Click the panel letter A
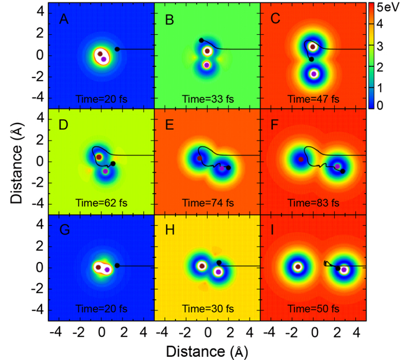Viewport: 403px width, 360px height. pyautogui.click(x=63, y=20)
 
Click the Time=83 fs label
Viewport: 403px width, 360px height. pyautogui.click(x=314, y=204)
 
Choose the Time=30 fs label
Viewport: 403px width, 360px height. pyautogui.click(x=208, y=309)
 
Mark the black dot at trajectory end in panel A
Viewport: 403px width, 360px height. pyautogui.click(x=117, y=49)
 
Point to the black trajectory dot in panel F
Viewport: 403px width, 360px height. pyautogui.click(x=343, y=171)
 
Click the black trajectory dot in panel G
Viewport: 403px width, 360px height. pyautogui.click(x=117, y=266)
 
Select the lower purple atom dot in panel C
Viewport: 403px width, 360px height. pyautogui.click(x=314, y=73)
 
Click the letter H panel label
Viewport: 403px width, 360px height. pyautogui.click(x=169, y=232)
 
